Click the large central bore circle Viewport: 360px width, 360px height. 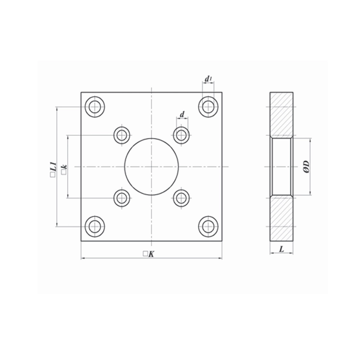click(152, 166)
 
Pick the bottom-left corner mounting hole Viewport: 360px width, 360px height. click(95, 226)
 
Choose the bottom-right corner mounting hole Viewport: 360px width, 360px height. click(208, 226)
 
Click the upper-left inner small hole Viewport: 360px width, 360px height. click(122, 135)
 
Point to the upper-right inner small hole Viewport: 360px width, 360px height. click(181, 135)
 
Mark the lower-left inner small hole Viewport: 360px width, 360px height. click(122, 198)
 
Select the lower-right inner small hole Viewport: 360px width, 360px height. click(181, 198)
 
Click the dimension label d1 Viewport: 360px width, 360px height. click(208, 78)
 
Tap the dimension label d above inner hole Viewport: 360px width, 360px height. click(182, 114)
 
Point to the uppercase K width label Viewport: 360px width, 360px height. click(151, 254)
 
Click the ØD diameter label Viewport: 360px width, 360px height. click(306, 166)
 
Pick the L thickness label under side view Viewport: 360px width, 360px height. click(282, 248)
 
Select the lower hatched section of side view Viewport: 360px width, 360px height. click(282, 219)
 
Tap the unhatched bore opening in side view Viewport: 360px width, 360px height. click(282, 166)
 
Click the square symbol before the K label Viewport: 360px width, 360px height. click(145, 254)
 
